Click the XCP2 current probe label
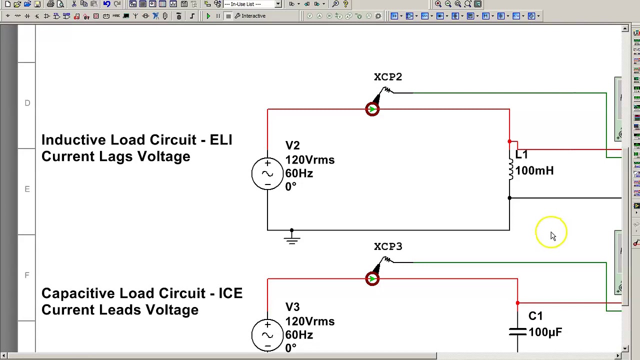tap(387, 77)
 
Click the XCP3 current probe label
tap(387, 246)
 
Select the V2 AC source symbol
tap(267, 173)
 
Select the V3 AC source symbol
tap(267, 335)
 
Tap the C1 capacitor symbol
tap(517, 332)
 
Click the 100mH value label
tap(534, 171)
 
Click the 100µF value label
tap(545, 332)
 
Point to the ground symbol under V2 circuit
tap(291, 238)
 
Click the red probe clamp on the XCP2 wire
tap(372, 109)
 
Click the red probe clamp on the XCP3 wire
tap(372, 279)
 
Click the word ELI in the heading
tap(220, 140)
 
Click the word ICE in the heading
tap(230, 293)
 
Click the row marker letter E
tap(27, 189)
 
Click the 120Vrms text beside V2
tap(309, 160)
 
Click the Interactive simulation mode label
tap(253, 16)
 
